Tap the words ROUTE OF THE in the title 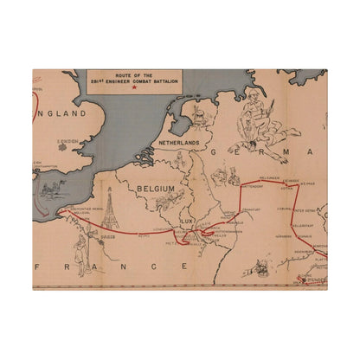click(132, 74)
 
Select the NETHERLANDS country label click(178, 142)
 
